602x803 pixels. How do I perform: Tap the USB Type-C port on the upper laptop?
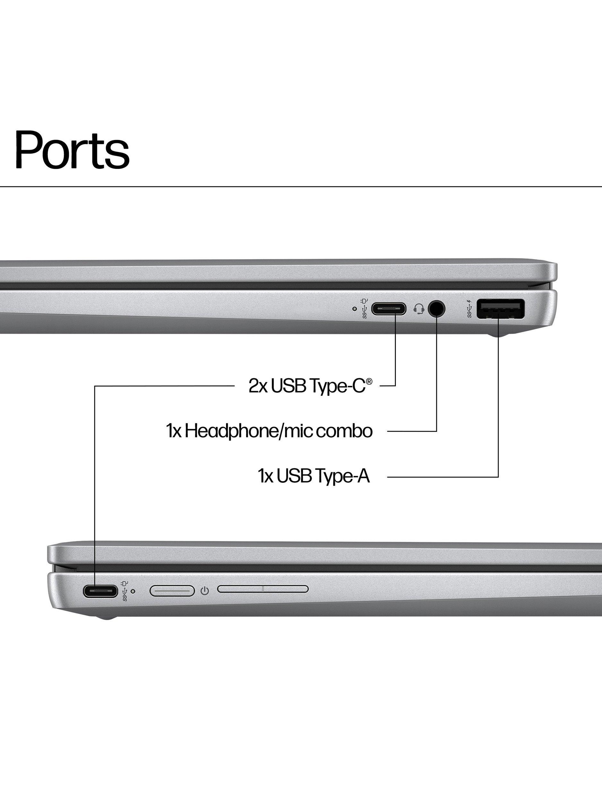(388, 309)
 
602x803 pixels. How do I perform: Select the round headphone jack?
(437, 309)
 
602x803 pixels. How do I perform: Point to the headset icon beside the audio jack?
(419, 309)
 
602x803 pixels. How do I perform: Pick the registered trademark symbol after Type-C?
(369, 381)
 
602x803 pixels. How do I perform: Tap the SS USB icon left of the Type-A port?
(469, 309)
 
